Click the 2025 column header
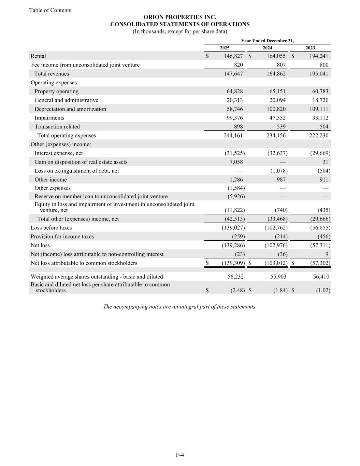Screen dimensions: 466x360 coord(225,48)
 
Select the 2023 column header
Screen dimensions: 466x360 coord(310,48)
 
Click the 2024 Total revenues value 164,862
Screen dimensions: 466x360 coord(274,74)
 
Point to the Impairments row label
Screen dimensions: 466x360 coord(49,118)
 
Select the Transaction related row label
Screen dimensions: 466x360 coord(57,127)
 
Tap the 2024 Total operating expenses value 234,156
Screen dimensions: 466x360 coord(274,136)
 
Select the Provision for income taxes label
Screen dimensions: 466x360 coord(62,237)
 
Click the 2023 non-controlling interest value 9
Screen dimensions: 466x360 coord(327,254)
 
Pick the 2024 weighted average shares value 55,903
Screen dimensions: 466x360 coord(277,277)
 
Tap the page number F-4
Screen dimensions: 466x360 coord(180,455)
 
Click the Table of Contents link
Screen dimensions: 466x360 coord(50,10)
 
